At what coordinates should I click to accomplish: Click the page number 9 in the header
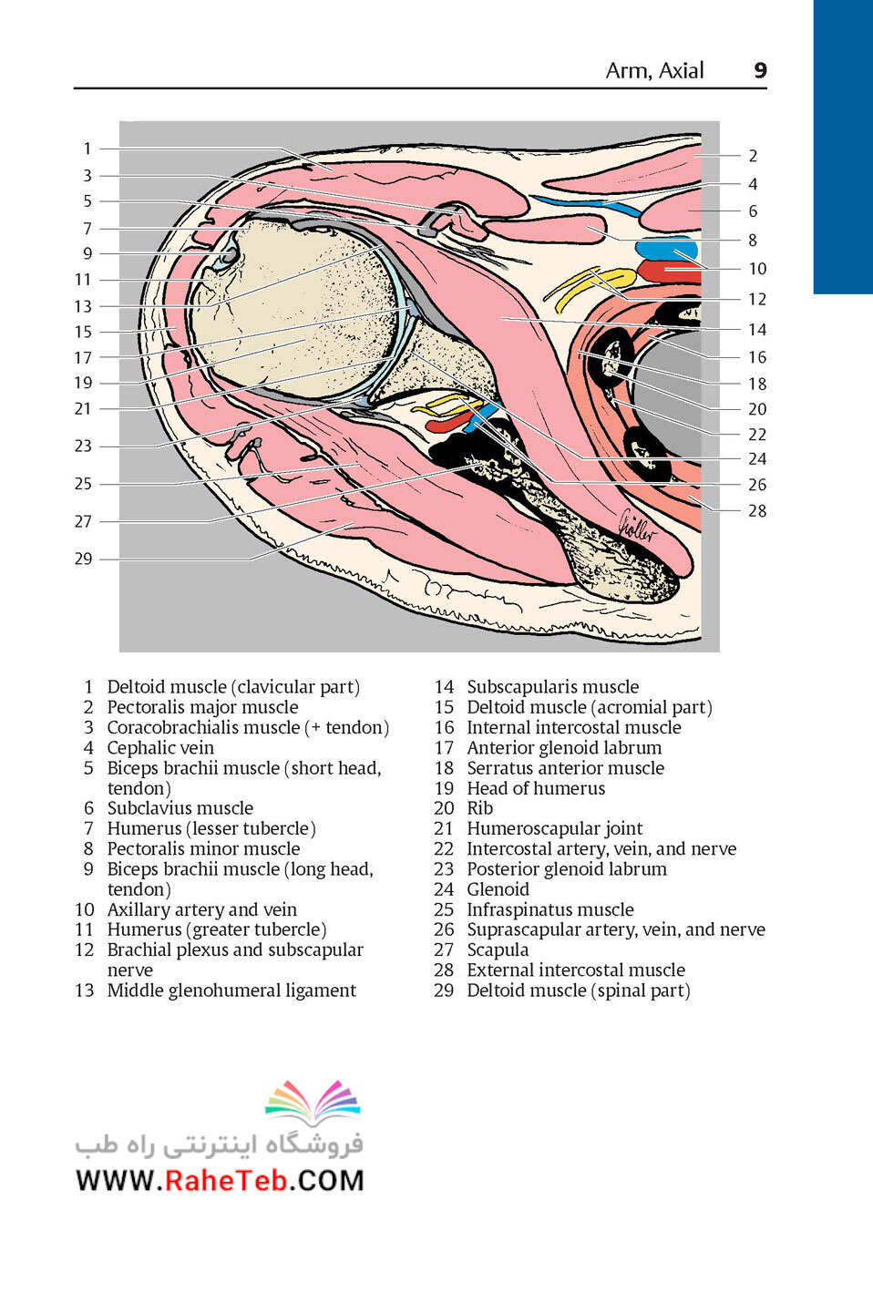pyautogui.click(x=760, y=70)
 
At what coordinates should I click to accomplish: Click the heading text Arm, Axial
pyautogui.click(x=654, y=70)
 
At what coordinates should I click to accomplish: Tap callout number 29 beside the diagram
pyautogui.click(x=83, y=559)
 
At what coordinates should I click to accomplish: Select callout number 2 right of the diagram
pyautogui.click(x=753, y=156)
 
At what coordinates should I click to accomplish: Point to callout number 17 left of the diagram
pyautogui.click(x=83, y=358)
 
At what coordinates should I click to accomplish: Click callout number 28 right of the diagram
pyautogui.click(x=757, y=511)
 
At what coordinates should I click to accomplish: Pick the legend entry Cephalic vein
pyautogui.click(x=160, y=747)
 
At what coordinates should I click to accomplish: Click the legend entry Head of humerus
pyautogui.click(x=536, y=788)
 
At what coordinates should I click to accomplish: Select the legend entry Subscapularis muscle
pyautogui.click(x=552, y=687)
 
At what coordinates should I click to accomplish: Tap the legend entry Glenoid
pyautogui.click(x=498, y=889)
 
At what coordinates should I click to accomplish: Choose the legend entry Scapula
pyautogui.click(x=498, y=949)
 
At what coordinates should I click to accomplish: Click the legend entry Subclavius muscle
pyautogui.click(x=180, y=808)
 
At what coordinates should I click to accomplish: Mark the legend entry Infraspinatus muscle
pyautogui.click(x=550, y=909)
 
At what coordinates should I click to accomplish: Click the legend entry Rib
pyautogui.click(x=480, y=808)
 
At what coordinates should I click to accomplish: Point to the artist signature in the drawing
pyautogui.click(x=637, y=527)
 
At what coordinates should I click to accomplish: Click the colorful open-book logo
pyautogui.click(x=313, y=1103)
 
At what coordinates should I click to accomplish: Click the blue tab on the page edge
pyautogui.click(x=843, y=148)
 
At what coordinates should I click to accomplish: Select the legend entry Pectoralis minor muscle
pyautogui.click(x=203, y=848)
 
